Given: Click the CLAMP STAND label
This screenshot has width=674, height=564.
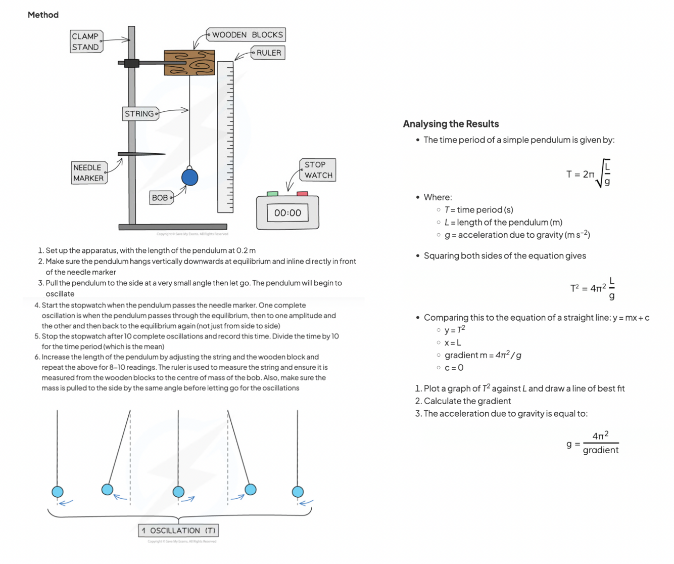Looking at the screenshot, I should click(x=86, y=41).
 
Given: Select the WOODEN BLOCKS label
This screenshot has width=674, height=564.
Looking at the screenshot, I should click(x=247, y=35).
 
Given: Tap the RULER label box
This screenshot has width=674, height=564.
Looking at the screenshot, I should click(x=268, y=53).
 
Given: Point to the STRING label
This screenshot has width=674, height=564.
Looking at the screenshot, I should click(x=140, y=114).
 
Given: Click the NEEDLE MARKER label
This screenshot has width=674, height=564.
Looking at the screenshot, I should click(x=88, y=172).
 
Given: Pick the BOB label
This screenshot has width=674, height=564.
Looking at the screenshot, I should click(x=161, y=198).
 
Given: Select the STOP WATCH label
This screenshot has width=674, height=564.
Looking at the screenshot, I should click(x=318, y=170).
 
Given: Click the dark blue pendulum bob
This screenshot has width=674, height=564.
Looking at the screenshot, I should click(x=189, y=177).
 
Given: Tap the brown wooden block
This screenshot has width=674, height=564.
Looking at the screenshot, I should click(x=189, y=63).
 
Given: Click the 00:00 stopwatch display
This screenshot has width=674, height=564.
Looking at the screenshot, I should click(x=287, y=213).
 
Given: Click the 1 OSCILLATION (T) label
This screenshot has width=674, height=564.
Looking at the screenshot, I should click(x=178, y=531).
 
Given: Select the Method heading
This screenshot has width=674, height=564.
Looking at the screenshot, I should click(x=43, y=15).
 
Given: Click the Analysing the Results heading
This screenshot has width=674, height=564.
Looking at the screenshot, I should click(x=451, y=124).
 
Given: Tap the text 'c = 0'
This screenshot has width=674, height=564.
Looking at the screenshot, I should click(x=454, y=368).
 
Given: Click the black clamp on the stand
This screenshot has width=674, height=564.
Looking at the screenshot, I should click(x=131, y=63).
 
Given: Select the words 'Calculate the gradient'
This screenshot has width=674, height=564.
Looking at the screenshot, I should click(x=467, y=401).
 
